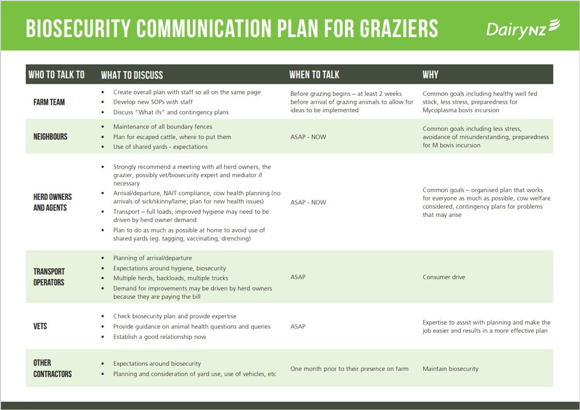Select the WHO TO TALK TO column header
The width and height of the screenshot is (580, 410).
(56, 75)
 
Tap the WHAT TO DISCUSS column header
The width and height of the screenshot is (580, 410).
(132, 75)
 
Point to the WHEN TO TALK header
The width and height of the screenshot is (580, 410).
(314, 75)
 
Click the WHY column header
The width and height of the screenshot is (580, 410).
(430, 75)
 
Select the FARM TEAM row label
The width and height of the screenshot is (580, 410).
(49, 102)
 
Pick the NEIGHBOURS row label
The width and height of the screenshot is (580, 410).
(51, 137)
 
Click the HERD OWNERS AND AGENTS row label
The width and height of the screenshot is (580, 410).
(53, 202)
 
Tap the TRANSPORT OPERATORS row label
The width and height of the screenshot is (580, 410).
(49, 277)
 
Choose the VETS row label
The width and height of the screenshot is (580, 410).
(40, 326)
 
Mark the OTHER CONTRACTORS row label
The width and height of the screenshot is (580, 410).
(53, 368)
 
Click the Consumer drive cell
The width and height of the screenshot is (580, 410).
(444, 277)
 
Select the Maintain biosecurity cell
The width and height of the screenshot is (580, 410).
(450, 369)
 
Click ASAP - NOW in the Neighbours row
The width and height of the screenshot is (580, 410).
(308, 137)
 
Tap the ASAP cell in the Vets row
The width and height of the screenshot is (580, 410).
(298, 326)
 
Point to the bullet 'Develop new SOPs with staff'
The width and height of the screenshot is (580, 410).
(153, 102)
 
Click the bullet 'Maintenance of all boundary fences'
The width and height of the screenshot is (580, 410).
(162, 126)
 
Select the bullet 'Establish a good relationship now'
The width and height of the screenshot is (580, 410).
(160, 337)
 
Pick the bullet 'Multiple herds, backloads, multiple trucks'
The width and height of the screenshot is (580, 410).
(170, 278)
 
